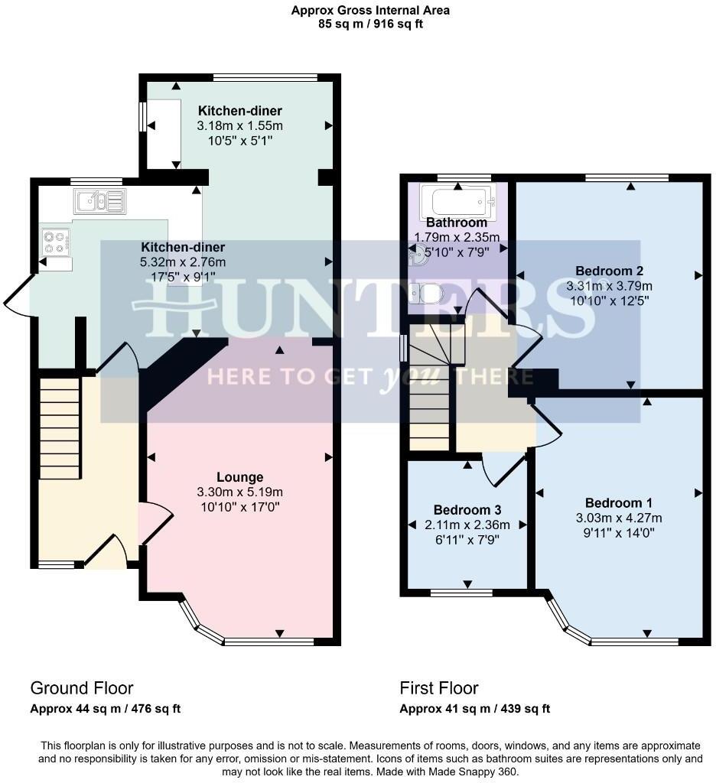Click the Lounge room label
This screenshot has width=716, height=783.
click(239, 477)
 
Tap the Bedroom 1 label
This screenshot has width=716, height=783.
click(618, 503)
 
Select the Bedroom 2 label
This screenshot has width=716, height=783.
click(609, 271)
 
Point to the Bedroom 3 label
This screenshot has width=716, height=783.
click(467, 510)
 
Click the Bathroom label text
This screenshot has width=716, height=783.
click(456, 223)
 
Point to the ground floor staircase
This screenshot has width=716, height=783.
click(60, 424)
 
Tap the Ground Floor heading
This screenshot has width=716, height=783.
click(81, 688)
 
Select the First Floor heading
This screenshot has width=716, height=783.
click(439, 688)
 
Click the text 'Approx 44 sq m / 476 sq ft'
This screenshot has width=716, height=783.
click(106, 709)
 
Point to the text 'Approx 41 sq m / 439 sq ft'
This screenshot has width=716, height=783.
click(474, 709)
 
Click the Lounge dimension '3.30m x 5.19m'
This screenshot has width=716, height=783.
click(239, 492)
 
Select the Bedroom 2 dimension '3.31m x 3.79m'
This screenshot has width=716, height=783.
click(609, 286)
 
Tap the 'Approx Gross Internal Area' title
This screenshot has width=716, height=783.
click(370, 11)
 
